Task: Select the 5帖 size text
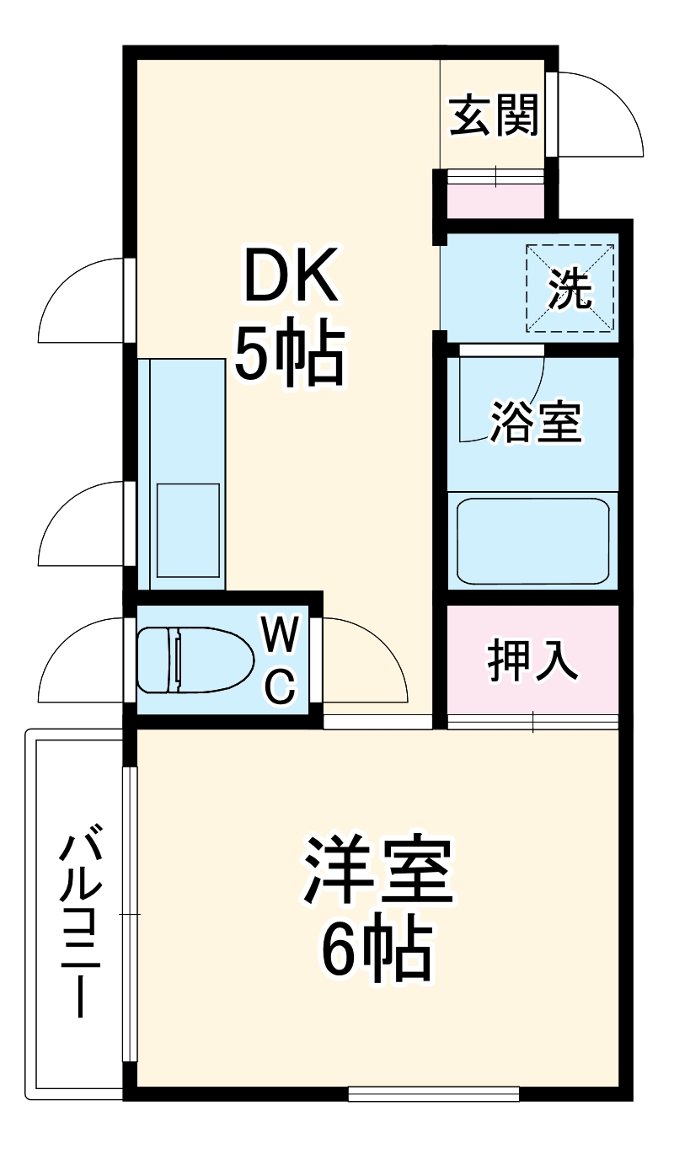click(290, 354)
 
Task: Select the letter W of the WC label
click(279, 633)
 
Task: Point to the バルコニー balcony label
click(81, 925)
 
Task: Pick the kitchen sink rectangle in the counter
click(187, 530)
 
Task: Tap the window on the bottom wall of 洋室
click(433, 1094)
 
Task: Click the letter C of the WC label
click(281, 687)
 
